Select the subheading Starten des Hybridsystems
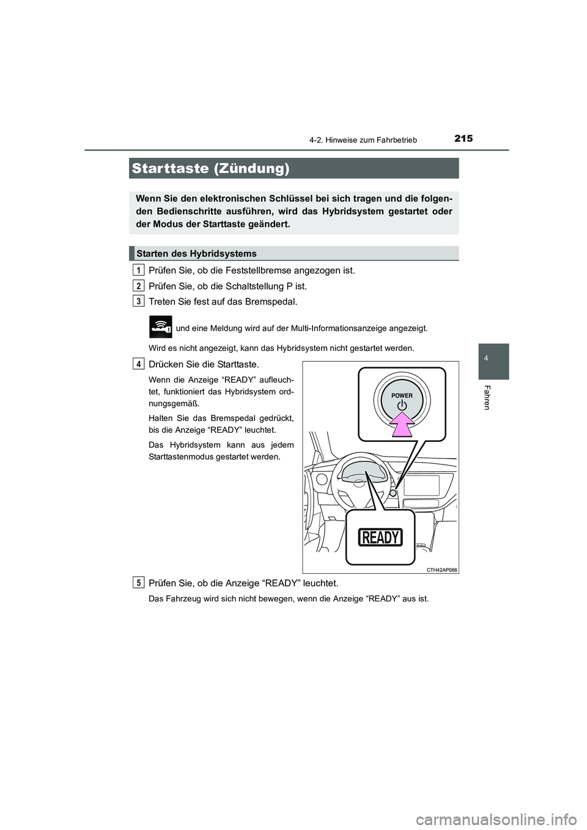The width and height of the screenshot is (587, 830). (196, 253)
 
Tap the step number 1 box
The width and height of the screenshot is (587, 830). (139, 270)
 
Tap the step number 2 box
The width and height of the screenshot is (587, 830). (139, 285)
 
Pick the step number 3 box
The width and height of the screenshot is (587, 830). (139, 301)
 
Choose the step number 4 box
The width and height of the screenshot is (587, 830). (139, 364)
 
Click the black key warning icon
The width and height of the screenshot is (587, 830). (161, 327)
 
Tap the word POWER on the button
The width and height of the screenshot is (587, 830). (402, 395)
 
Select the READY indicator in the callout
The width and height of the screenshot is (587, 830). (380, 537)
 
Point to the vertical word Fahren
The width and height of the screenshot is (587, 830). (487, 397)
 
